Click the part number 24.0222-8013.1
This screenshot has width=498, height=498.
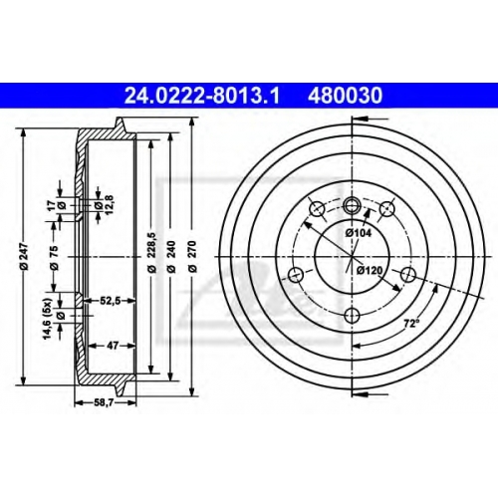coord(202,96)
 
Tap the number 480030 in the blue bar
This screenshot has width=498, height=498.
coord(346,96)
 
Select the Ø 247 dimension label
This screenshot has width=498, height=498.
coord(24,256)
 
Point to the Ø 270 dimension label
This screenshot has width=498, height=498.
coord(193,256)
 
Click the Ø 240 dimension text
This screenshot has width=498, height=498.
coord(171,256)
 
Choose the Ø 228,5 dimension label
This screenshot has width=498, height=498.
coord(151,253)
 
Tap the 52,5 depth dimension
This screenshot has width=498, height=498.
coord(112,301)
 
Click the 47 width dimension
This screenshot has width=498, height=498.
coord(113,346)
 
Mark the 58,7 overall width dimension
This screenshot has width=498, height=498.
coord(106,403)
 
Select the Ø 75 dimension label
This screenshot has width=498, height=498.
coord(54,257)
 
